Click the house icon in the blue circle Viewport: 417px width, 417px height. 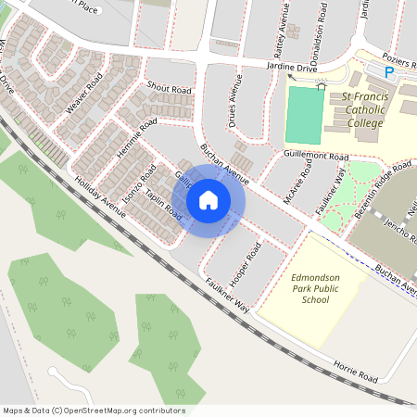(x=208, y=200)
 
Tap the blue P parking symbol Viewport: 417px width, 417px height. (x=389, y=71)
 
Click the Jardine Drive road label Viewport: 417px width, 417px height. (x=292, y=69)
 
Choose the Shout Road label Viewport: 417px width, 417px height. (x=169, y=89)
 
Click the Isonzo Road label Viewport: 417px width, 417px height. (x=135, y=187)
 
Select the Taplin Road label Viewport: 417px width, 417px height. (x=163, y=197)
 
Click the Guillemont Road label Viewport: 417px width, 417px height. (x=317, y=156)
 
